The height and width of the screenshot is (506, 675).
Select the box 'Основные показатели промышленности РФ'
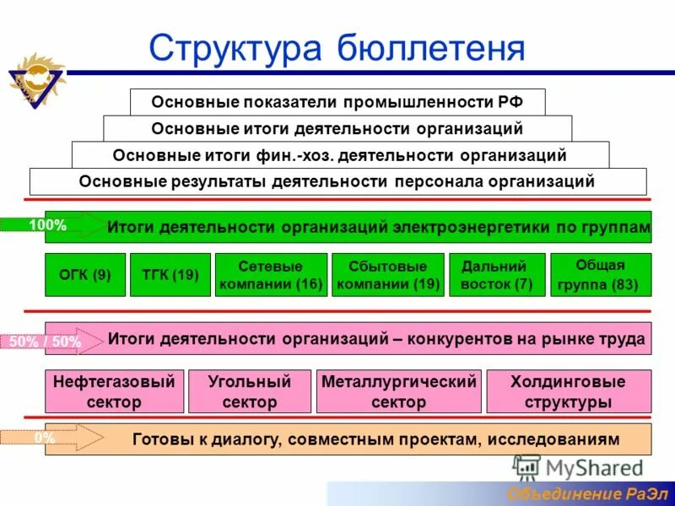tap(337, 102)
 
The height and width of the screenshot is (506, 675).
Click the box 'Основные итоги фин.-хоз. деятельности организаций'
tap(340, 155)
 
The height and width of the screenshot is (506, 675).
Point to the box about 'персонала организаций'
tap(337, 181)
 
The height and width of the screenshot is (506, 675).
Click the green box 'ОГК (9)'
tap(85, 275)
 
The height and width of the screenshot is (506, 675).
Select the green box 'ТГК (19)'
tap(170, 275)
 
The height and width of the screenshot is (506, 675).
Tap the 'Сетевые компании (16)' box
tap(271, 275)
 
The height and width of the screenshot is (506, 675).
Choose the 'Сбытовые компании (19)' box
tap(388, 275)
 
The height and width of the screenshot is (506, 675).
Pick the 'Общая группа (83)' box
tap(601, 275)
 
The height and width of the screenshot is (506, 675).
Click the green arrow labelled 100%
tap(51, 225)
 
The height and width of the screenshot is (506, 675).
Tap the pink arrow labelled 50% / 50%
tap(51, 342)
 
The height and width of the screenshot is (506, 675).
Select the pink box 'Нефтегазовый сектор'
tap(114, 391)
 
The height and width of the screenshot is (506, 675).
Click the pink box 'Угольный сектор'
tap(249, 391)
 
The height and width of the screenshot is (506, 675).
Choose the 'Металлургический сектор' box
tap(398, 391)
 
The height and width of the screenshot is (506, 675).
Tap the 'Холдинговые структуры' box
tap(569, 391)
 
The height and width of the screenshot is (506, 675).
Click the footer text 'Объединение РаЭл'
tap(586, 493)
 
